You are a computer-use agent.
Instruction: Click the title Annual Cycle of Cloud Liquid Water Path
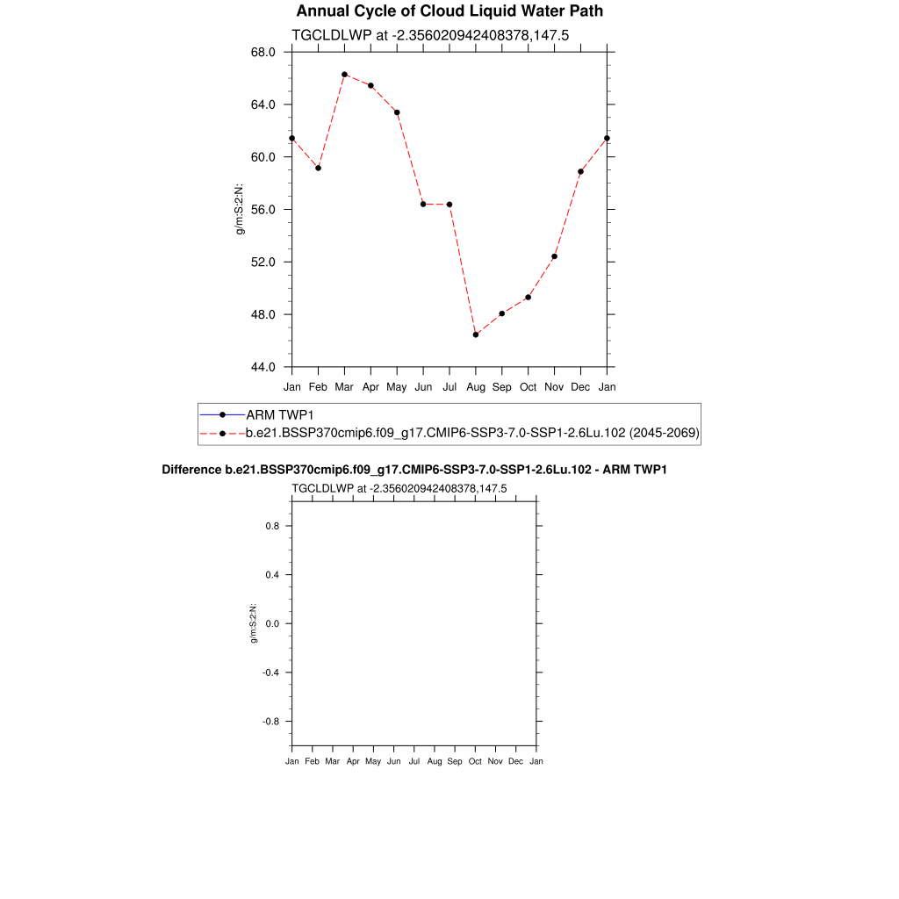click(449, 11)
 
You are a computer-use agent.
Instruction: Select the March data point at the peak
click(345, 75)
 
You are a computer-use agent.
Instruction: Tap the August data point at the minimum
click(476, 334)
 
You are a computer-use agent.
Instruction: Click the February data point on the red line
click(318, 168)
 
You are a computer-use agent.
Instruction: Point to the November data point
click(554, 256)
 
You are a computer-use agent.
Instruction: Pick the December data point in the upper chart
click(580, 171)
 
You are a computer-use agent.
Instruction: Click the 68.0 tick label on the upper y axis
click(263, 52)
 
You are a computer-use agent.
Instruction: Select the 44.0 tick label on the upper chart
click(263, 367)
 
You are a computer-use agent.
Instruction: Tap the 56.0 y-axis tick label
click(263, 210)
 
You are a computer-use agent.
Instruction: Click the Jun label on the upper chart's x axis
click(423, 386)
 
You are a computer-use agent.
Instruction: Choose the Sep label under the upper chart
click(502, 386)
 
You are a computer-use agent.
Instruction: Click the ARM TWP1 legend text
click(280, 414)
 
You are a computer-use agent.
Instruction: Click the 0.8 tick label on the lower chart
click(271, 526)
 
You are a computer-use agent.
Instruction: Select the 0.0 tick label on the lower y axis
click(271, 623)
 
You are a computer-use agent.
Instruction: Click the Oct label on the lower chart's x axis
click(475, 761)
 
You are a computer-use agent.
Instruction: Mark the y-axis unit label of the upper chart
click(239, 209)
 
